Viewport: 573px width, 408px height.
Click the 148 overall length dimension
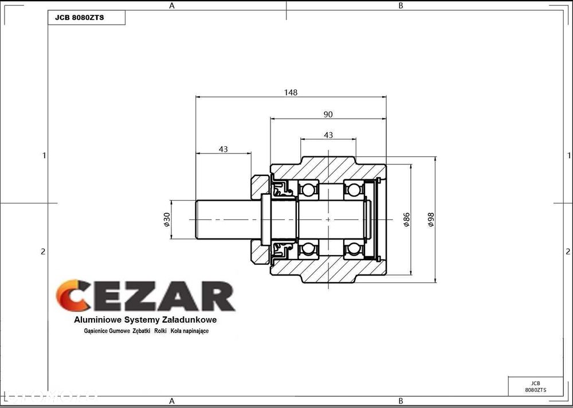coord(291,92)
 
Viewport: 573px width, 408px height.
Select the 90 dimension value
coord(328,115)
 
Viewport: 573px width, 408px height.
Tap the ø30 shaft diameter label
coord(167,219)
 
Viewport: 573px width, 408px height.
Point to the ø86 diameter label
coord(406,219)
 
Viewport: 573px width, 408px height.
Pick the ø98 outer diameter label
coord(431,219)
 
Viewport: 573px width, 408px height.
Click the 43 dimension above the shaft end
coord(223,149)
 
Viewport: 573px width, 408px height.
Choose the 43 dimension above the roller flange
coord(328,135)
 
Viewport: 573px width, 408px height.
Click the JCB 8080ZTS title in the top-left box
coord(79,18)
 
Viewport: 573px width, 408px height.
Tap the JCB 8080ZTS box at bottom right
coord(535,387)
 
